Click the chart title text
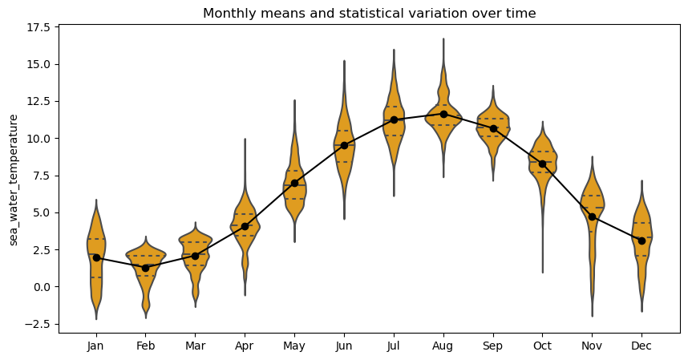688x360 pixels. pyautogui.click(x=369, y=14)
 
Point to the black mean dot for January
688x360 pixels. pyautogui.click(x=96, y=257)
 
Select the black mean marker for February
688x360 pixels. pyautogui.click(x=145, y=268)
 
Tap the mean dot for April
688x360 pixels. pyautogui.click(x=245, y=226)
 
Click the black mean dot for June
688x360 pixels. pyautogui.click(x=344, y=145)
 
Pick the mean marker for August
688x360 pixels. pyautogui.click(x=443, y=114)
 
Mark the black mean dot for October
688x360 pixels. pyautogui.click(x=542, y=164)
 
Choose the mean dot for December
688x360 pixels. pyautogui.click(x=641, y=241)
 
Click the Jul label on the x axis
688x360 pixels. pyautogui.click(x=394, y=346)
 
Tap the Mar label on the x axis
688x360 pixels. pyautogui.click(x=195, y=346)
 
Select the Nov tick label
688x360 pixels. pyautogui.click(x=592, y=346)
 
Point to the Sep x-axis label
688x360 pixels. pyautogui.click(x=493, y=346)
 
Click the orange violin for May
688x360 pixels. pyautogui.click(x=294, y=192)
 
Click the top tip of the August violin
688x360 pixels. pyautogui.click(x=443, y=39)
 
